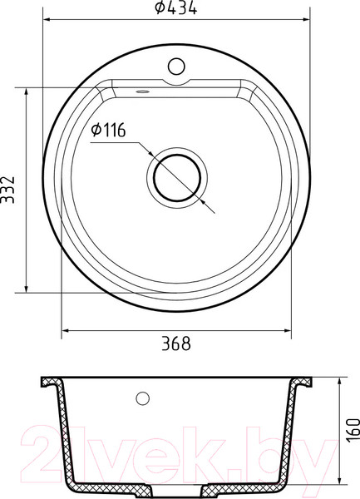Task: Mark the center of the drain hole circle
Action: pyautogui.click(x=175, y=178)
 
